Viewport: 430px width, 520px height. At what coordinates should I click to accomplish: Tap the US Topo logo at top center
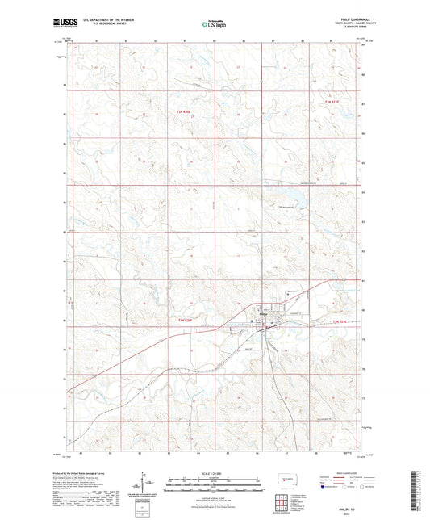point(214,24)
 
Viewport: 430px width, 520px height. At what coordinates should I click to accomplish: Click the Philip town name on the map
point(275,314)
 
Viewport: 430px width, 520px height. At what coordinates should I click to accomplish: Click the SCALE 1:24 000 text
point(214,472)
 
